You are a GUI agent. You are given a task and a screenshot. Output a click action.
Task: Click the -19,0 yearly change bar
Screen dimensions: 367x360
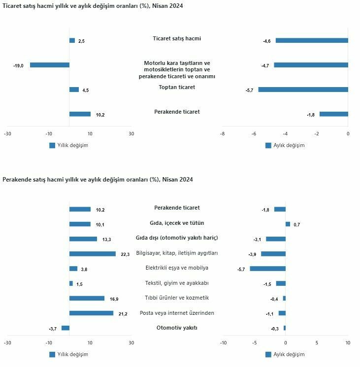coord(49,65)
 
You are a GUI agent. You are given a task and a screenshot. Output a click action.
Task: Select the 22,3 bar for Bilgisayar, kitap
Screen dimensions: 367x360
coord(92,254)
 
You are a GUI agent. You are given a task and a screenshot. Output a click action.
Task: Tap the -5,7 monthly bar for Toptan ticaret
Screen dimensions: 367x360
coord(303,90)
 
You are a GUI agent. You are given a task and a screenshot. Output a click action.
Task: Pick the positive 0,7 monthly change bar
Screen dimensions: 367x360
coord(288,224)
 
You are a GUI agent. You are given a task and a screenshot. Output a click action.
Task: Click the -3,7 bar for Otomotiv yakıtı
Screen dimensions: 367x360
coord(65,328)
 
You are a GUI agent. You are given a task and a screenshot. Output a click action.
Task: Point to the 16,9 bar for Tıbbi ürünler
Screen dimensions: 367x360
coord(87,298)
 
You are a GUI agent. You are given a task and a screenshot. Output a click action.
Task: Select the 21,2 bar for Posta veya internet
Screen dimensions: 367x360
coord(91,313)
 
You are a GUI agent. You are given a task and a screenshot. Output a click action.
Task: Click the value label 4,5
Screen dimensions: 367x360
coord(85,90)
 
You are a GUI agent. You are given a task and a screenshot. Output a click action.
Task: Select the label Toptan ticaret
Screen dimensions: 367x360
coord(177,87)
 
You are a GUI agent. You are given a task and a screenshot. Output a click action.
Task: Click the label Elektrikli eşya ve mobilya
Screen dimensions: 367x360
coord(177,268)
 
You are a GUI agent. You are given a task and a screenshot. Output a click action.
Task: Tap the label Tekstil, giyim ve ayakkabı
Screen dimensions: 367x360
coord(177,283)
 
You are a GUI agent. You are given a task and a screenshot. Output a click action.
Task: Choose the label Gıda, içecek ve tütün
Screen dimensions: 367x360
coord(177,223)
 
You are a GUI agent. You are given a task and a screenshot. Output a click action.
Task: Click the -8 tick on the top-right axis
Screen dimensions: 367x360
coord(222,134)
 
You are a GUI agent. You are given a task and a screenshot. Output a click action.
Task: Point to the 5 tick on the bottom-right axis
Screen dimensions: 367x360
coord(317,343)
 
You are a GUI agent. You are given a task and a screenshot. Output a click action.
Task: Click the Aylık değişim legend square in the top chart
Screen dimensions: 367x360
coord(268,146)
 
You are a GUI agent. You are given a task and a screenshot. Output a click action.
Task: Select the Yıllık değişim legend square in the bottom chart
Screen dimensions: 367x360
coord(52,354)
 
